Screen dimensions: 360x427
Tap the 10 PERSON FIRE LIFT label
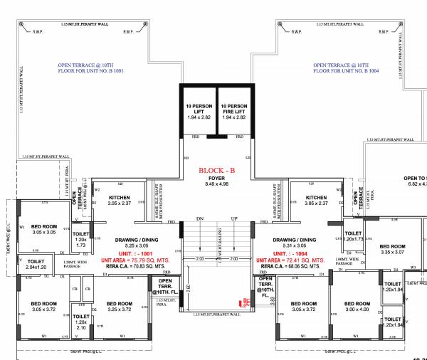click(236, 111)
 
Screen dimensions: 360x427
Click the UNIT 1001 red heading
click(129, 253)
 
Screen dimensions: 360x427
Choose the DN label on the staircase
click(200, 218)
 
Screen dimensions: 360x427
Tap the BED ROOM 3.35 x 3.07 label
click(392, 248)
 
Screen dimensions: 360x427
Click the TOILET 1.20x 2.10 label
click(81, 322)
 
